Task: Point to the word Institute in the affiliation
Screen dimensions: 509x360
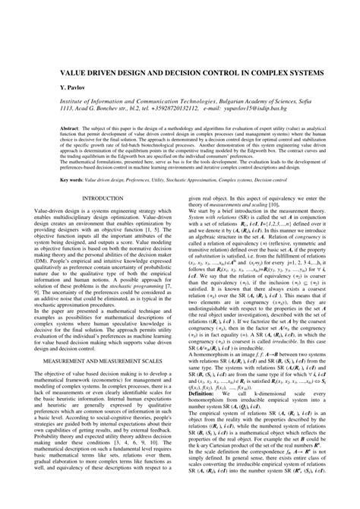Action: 66,101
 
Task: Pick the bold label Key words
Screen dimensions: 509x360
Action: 61,181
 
